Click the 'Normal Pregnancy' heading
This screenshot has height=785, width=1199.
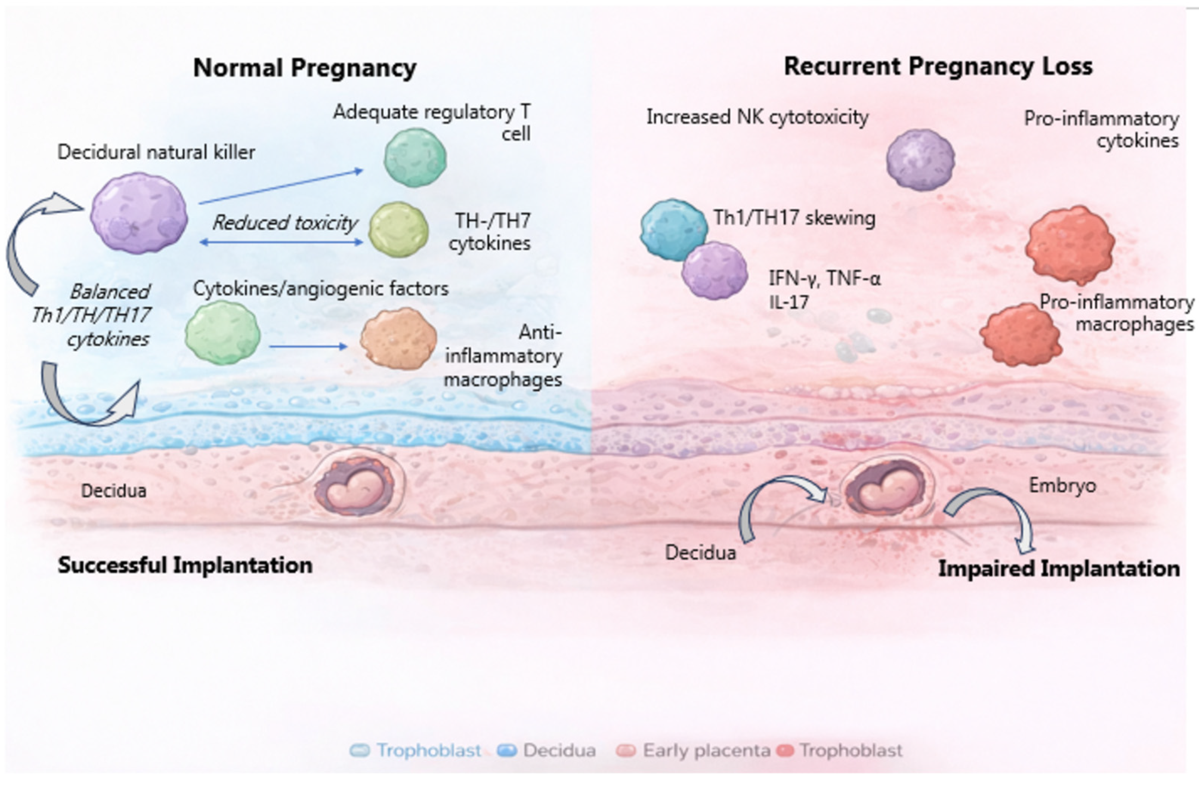(x=305, y=67)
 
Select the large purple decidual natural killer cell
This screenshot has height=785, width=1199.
(x=139, y=213)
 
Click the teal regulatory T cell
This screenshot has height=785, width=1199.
(x=415, y=157)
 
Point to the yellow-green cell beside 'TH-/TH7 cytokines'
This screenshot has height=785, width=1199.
(x=398, y=230)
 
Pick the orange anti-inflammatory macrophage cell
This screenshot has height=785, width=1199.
(x=398, y=338)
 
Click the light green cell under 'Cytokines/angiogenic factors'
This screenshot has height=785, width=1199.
(x=223, y=332)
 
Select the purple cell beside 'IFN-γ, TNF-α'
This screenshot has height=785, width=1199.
(x=714, y=271)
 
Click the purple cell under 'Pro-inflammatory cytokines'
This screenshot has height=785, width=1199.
(x=920, y=160)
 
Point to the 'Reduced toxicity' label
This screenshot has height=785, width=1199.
(x=285, y=222)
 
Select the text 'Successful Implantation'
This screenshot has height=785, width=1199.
(x=185, y=565)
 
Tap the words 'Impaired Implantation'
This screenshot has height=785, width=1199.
(x=1058, y=568)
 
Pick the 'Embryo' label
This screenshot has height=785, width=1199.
(x=1062, y=486)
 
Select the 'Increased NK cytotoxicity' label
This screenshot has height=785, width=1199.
(x=757, y=117)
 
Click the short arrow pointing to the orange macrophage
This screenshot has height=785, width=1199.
(x=308, y=347)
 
